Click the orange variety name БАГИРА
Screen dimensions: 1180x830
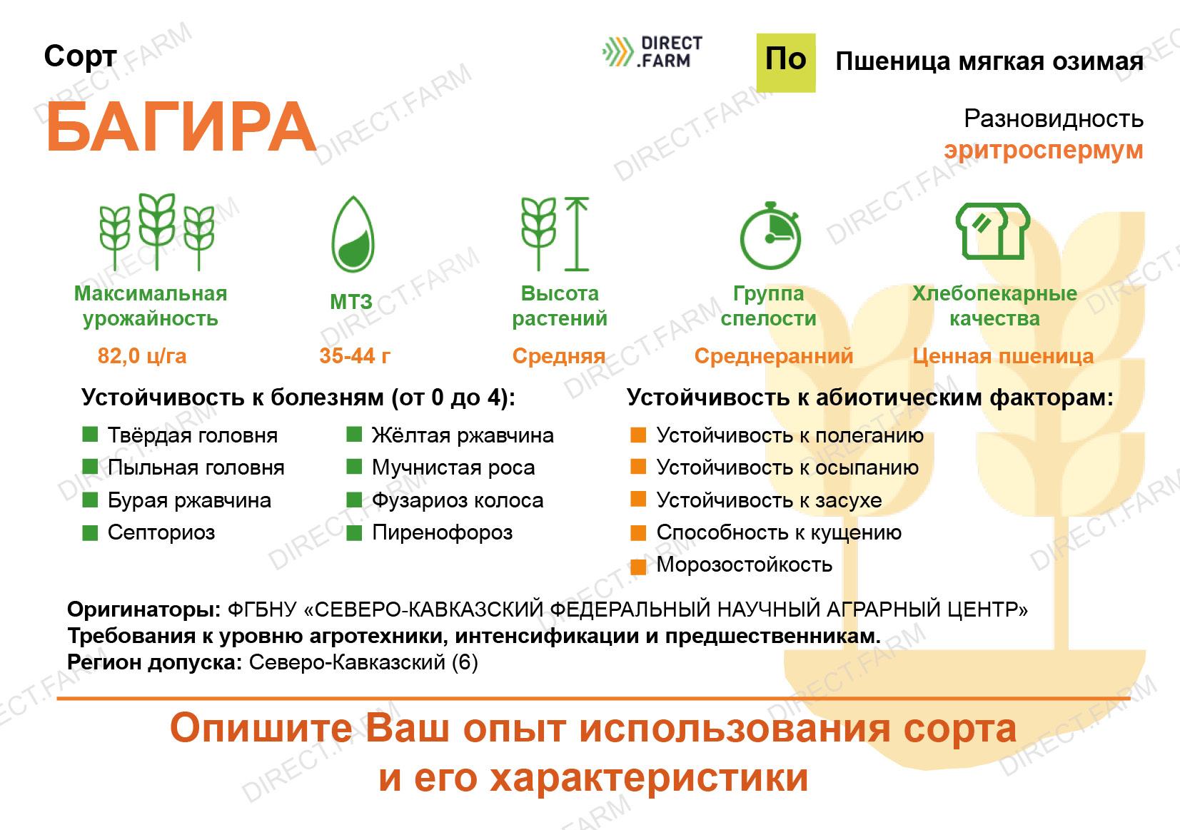[181, 128]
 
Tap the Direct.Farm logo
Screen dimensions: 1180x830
[652, 51]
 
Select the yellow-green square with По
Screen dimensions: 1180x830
[786, 63]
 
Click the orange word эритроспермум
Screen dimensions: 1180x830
[1043, 151]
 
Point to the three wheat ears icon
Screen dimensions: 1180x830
[157, 232]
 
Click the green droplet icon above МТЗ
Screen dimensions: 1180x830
[353, 234]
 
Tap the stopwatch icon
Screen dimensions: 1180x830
[770, 236]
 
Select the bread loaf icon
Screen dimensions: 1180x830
[992, 231]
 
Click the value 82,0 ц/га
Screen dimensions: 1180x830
[142, 356]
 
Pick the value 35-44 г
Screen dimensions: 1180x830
[355, 356]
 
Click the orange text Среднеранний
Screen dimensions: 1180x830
[773, 357]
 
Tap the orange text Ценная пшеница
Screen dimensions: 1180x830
[1003, 357]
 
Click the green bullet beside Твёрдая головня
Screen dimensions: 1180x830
[90, 435]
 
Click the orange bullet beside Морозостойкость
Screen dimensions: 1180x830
[638, 567]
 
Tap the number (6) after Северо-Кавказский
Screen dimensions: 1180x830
[465, 662]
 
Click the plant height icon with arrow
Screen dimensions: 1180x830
[555, 234]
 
